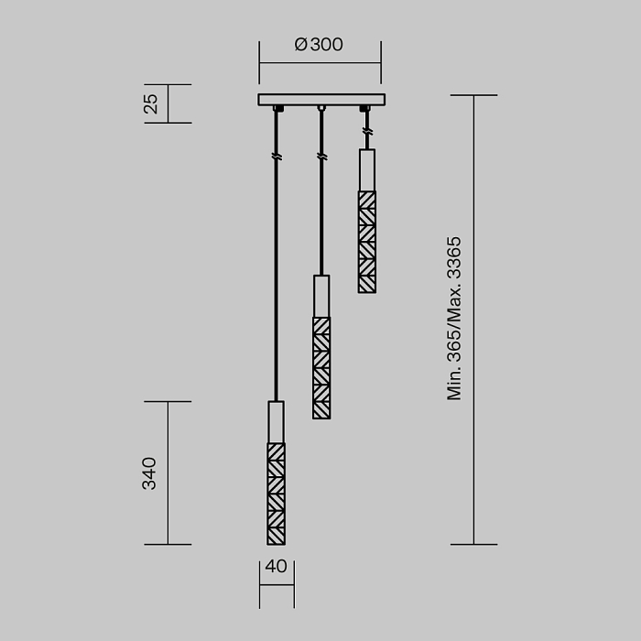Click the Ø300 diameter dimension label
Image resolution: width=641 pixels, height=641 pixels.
click(319, 45)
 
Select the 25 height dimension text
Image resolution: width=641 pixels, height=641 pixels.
click(152, 103)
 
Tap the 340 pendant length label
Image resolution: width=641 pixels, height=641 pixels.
click(149, 473)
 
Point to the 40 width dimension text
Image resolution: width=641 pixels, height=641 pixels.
click(276, 567)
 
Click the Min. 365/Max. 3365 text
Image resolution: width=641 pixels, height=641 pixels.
click(454, 319)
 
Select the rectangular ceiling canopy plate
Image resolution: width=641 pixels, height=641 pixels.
click(321, 99)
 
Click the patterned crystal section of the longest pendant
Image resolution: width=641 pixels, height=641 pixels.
click(276, 494)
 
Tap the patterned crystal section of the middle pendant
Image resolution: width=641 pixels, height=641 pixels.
click(321, 368)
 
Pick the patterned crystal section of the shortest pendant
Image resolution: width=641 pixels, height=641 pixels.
click(366, 242)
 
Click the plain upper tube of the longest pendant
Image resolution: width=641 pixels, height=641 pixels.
click(276, 422)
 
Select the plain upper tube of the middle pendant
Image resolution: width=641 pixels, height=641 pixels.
click(321, 296)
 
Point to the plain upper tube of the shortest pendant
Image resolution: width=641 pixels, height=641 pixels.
click(366, 169)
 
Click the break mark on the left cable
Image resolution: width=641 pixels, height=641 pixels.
click(276, 158)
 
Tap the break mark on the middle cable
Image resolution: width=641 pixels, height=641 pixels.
click(321, 158)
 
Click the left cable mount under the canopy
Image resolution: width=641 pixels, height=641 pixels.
click(277, 109)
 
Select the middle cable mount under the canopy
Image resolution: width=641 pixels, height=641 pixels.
click(321, 109)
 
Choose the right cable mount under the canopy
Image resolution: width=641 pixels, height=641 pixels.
click(365, 109)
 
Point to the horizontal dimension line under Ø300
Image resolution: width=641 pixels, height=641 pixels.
click(320, 63)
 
